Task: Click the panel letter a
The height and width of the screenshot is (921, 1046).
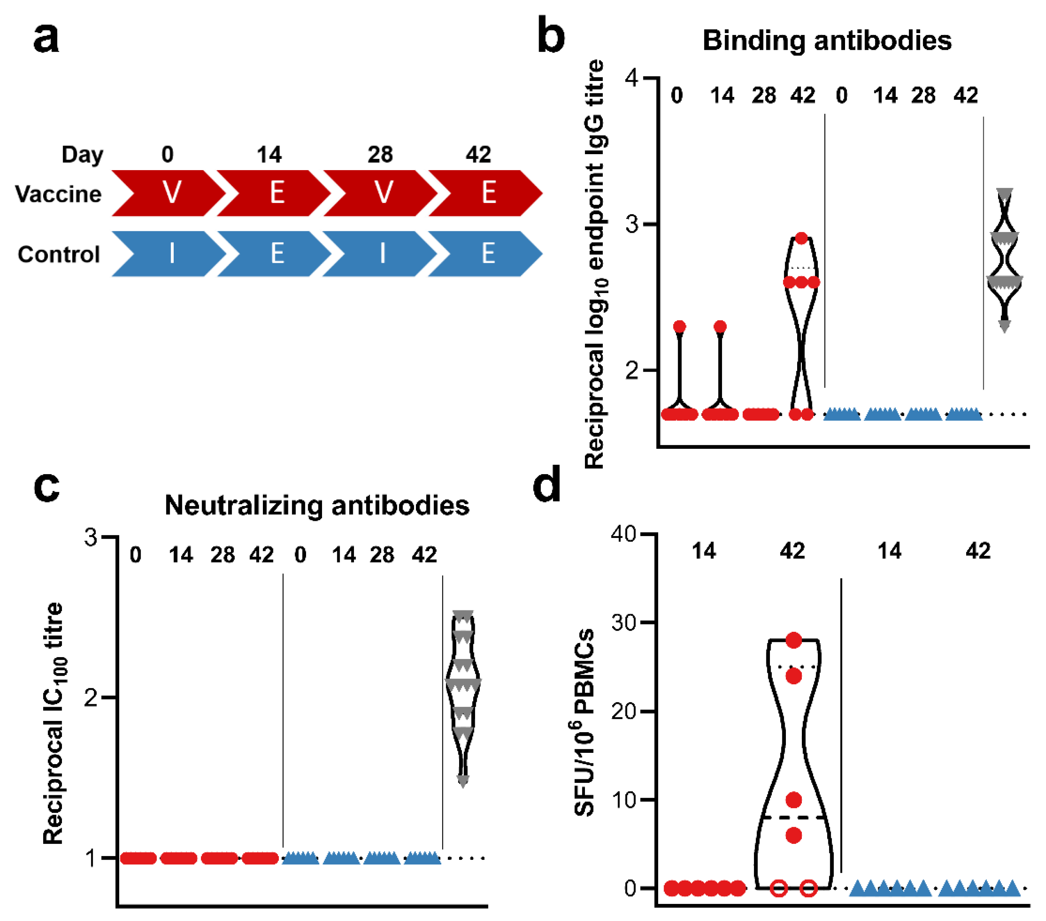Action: click(x=46, y=39)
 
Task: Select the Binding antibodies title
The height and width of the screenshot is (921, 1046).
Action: click(x=826, y=40)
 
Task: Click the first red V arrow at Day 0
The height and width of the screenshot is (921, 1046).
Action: click(x=169, y=193)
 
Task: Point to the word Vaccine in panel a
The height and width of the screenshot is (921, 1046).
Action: click(x=58, y=194)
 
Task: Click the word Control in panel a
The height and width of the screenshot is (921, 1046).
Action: click(x=58, y=254)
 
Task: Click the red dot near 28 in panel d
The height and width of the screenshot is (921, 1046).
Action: click(x=793, y=640)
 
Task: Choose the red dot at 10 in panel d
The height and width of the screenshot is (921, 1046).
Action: click(x=793, y=799)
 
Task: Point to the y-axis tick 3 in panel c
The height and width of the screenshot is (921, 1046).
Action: click(x=91, y=537)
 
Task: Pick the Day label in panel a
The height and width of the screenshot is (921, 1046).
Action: click(x=82, y=154)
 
